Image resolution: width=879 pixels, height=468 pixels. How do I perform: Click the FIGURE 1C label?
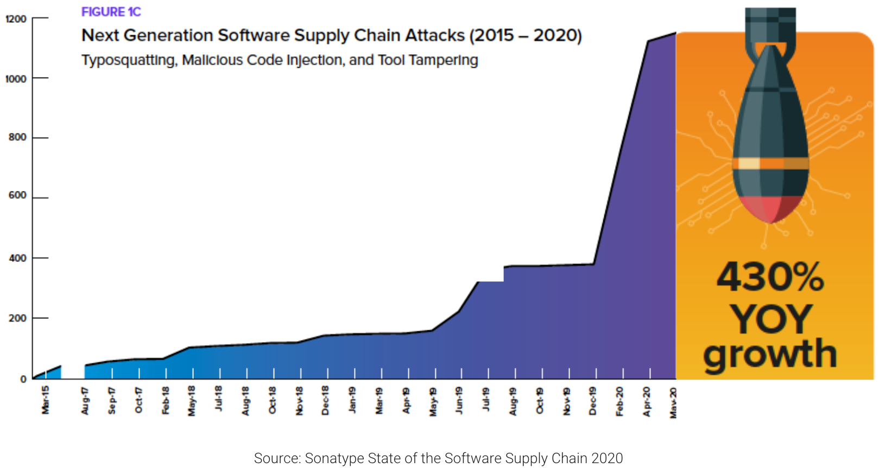point(111,12)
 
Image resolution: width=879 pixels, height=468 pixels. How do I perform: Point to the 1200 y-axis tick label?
point(16,19)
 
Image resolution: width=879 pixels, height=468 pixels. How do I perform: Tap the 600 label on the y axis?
point(17,195)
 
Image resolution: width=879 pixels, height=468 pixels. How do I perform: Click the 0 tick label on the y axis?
point(23,379)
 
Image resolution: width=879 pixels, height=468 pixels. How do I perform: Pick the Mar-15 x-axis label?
point(46,400)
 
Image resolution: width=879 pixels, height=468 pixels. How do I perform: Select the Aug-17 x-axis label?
point(85,401)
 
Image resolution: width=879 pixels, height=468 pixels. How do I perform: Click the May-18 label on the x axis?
point(192,401)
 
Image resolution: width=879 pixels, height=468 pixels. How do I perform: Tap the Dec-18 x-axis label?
point(326,401)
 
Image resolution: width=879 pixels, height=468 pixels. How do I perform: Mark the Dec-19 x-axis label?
point(593,401)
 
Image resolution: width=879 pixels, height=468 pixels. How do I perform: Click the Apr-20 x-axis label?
point(647,401)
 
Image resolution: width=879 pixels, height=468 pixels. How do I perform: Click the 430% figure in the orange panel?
point(770,277)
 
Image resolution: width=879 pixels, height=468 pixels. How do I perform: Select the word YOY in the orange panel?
point(770,319)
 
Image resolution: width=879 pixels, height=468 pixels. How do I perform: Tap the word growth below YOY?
point(770,354)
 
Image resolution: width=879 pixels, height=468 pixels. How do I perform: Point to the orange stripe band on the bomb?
point(770,163)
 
